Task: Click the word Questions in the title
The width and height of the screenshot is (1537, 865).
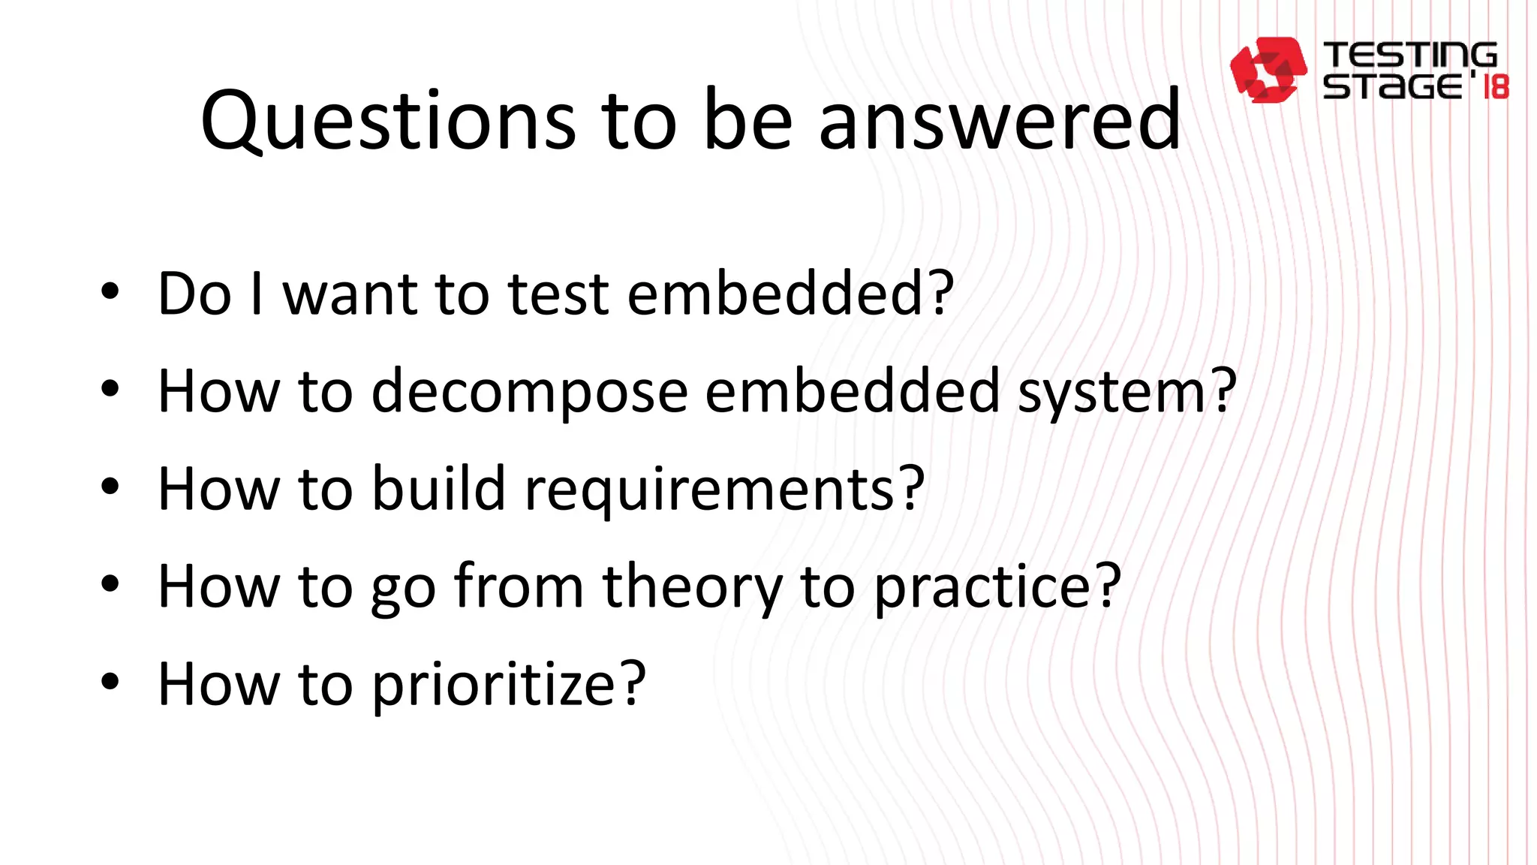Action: (x=388, y=120)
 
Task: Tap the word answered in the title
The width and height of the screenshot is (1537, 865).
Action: (x=1000, y=120)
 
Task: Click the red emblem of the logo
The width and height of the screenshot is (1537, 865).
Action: (x=1268, y=69)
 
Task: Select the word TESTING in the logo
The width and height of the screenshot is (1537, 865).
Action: (x=1409, y=56)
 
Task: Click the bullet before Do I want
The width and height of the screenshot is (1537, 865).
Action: (x=110, y=292)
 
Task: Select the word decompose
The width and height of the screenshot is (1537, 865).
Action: (x=529, y=391)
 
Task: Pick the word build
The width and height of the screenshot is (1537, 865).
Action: (x=438, y=488)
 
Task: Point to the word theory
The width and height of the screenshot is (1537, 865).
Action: (x=692, y=586)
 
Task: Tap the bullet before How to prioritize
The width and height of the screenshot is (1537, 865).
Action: (x=110, y=682)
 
